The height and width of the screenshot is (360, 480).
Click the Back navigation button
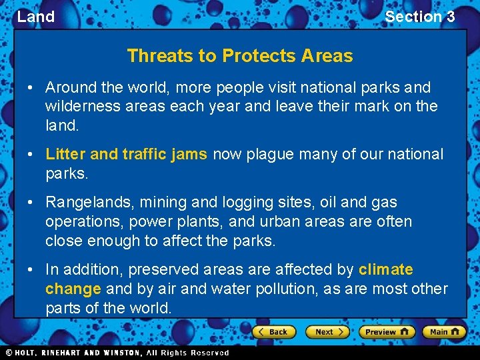tap(272, 331)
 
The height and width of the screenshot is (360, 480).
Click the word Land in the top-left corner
tap(35, 17)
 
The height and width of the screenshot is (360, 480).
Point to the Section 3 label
tap(419, 17)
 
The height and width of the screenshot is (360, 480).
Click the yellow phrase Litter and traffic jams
tap(126, 154)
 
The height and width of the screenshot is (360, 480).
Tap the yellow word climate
tap(385, 269)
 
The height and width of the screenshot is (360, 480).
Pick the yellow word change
tap(73, 289)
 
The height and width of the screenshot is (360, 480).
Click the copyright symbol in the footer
tap(9, 353)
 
